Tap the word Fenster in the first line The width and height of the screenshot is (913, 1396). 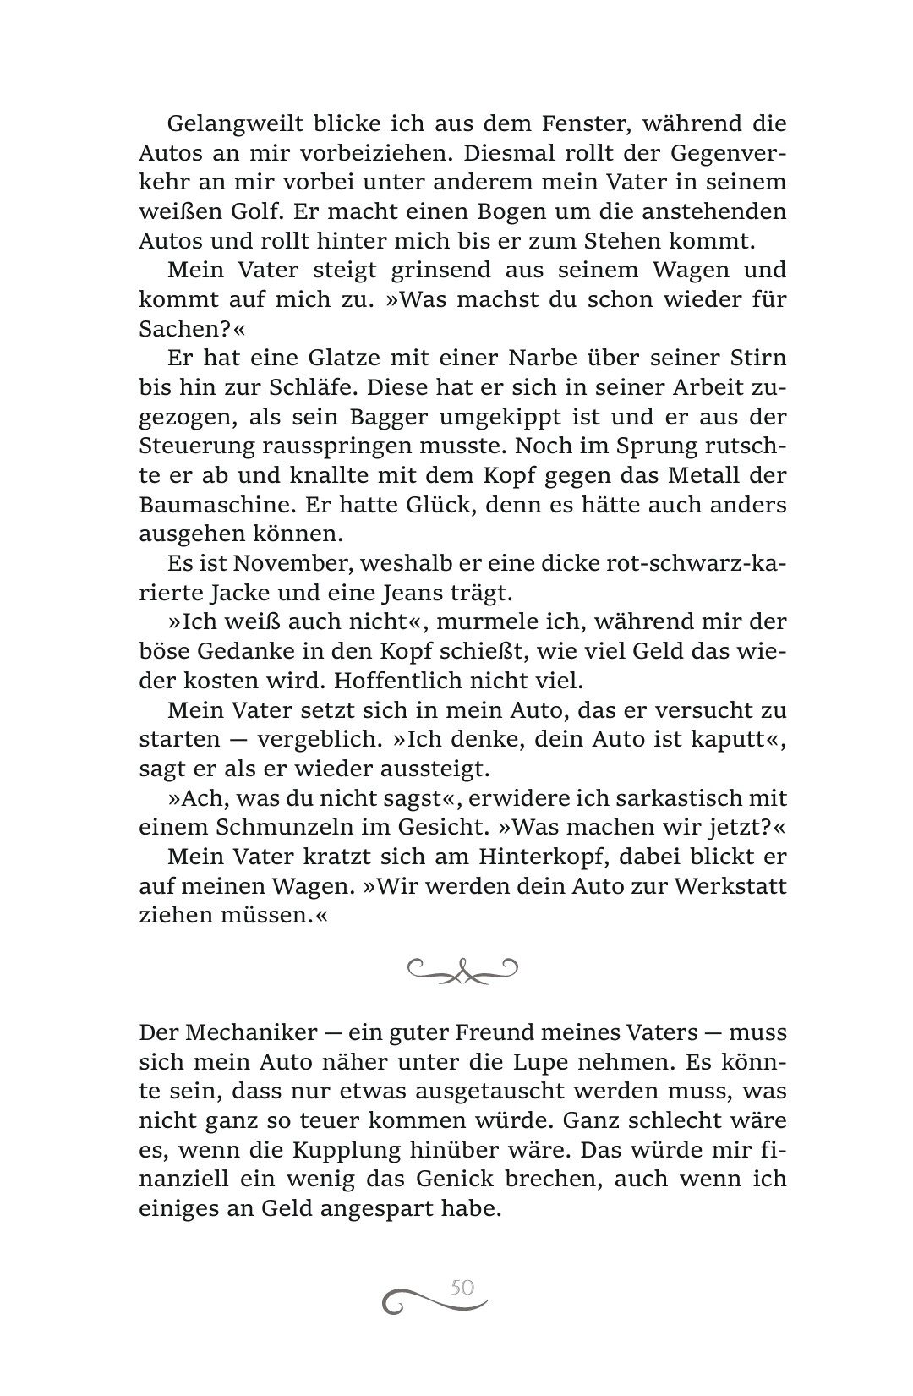(x=559, y=123)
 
